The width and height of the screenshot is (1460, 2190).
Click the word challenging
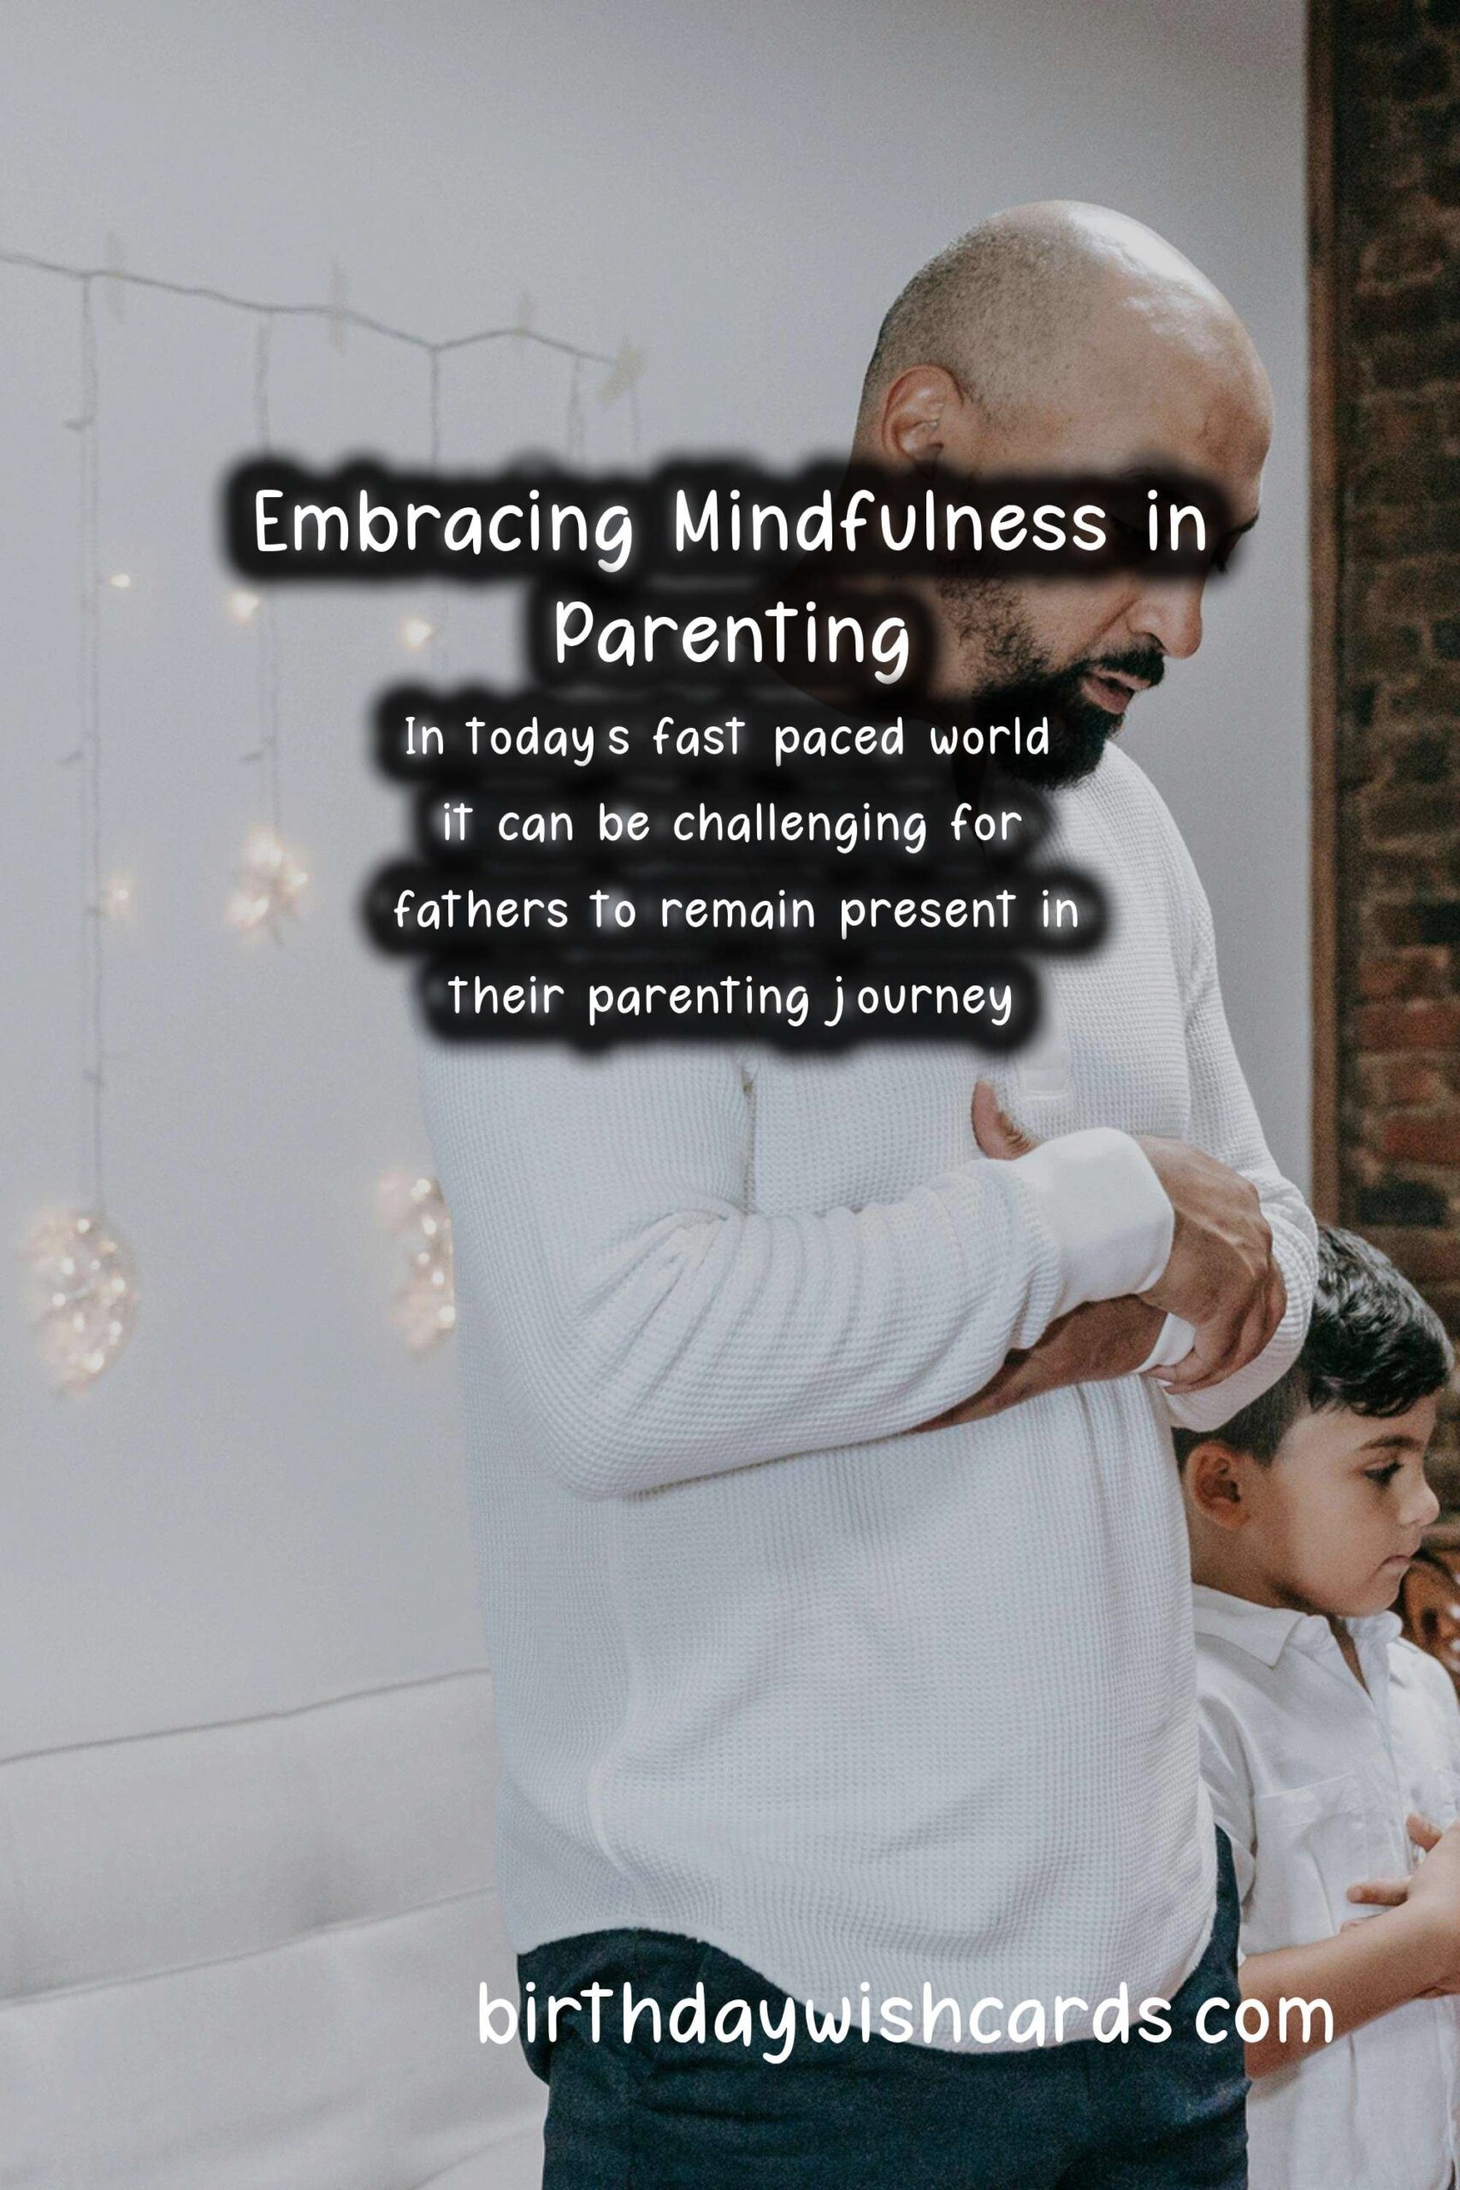pos(800,828)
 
